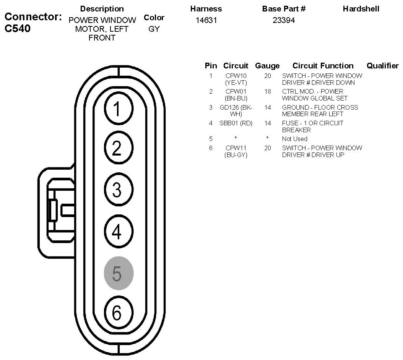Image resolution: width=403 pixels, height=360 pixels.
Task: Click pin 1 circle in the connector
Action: tap(119, 109)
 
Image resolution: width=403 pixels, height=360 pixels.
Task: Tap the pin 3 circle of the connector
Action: tap(119, 190)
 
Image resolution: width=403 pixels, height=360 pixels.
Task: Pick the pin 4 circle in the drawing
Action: tap(119, 231)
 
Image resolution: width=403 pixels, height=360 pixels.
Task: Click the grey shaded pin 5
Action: tap(119, 273)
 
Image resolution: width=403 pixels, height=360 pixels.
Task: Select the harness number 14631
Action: tap(206, 20)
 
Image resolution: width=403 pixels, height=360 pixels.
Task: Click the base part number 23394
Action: tap(284, 20)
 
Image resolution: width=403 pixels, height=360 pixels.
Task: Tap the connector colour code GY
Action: tap(154, 29)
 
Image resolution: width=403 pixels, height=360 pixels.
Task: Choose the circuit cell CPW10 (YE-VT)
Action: tap(236, 79)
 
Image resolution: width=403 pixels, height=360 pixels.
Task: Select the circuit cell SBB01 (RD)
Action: tap(236, 123)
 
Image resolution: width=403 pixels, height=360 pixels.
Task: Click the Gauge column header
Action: tap(267, 66)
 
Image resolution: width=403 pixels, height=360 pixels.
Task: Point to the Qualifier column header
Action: tap(382, 66)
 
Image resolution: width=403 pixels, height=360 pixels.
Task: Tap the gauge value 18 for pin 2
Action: tap(268, 91)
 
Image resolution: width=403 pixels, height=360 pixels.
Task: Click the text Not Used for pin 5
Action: tap(294, 139)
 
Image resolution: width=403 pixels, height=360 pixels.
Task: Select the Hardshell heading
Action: tap(361, 8)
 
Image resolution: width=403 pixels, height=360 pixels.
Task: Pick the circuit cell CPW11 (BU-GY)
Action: tap(236, 151)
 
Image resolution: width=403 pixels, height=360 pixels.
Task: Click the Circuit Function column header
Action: tap(323, 66)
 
